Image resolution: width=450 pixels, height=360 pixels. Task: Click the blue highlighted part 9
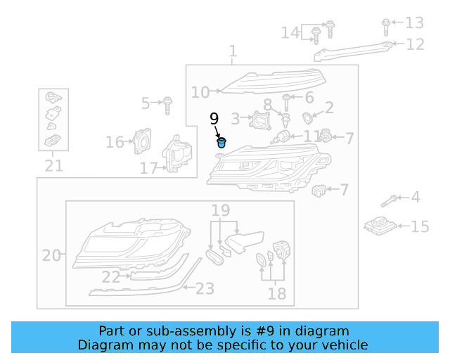(222, 143)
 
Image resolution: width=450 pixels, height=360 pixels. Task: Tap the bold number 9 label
(214, 119)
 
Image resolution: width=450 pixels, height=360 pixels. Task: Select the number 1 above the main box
(233, 52)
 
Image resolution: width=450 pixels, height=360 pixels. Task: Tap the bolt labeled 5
(167, 105)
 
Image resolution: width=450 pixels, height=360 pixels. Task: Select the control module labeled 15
(380, 226)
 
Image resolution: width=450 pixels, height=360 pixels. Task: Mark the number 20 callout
(51, 255)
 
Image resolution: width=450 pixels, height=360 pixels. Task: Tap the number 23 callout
(204, 288)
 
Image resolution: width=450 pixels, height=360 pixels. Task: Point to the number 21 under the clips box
(53, 166)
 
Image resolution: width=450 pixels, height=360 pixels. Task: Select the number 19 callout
(221, 209)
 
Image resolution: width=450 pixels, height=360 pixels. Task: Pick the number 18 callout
(277, 293)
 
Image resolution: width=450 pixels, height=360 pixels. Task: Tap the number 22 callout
(110, 278)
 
